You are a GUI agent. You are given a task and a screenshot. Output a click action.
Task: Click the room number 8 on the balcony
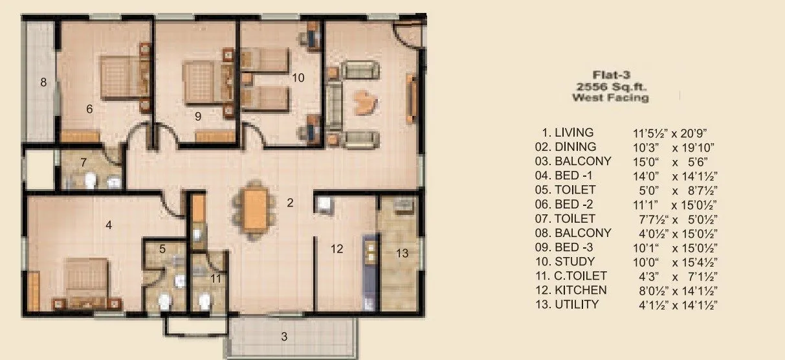click(x=43, y=82)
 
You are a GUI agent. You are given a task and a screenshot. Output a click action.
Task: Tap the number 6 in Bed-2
click(x=90, y=109)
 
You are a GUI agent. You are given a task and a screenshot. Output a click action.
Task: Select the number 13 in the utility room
click(x=403, y=253)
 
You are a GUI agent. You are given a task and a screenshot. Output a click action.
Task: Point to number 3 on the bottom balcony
click(x=283, y=336)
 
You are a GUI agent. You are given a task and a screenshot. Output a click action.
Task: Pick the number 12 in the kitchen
click(x=337, y=249)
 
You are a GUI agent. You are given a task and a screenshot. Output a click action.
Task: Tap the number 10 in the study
click(x=298, y=78)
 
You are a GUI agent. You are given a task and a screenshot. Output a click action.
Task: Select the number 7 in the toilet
click(x=83, y=161)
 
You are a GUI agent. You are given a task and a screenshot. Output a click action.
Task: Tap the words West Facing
click(x=611, y=97)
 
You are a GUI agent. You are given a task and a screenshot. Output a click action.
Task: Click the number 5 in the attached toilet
click(x=162, y=249)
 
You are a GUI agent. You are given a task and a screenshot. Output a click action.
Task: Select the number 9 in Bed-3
click(x=198, y=117)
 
